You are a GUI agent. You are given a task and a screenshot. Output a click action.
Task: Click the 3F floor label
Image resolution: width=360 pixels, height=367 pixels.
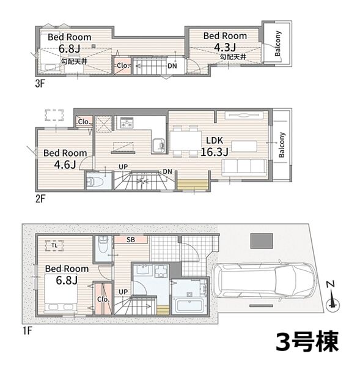click(40, 84)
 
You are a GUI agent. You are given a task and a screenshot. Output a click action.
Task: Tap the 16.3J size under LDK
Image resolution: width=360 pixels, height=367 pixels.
click(215, 152)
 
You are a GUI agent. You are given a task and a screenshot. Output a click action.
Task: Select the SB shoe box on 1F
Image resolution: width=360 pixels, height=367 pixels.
click(131, 240)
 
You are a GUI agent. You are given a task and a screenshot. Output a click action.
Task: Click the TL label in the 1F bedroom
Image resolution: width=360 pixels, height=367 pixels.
click(54, 245)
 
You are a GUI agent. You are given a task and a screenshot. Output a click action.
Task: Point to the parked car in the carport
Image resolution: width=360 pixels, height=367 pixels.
click(264, 281)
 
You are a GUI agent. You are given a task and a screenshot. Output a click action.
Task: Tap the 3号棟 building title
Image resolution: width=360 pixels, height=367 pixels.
click(307, 341)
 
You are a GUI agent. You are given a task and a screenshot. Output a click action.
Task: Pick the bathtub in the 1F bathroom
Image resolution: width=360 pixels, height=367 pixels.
click(189, 306)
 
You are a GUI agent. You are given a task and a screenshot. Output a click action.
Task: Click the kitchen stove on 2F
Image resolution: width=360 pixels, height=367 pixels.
click(127, 123)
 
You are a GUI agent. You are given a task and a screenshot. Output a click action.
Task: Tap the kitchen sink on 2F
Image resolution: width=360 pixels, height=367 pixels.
click(158, 146)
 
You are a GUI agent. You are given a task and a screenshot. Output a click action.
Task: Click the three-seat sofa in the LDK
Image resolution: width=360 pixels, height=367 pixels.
click(244, 168)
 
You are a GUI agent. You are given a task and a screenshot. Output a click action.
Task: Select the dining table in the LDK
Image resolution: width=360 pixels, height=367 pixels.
click(186, 141)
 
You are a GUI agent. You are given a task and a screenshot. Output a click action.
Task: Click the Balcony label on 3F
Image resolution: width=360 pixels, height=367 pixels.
click(277, 44)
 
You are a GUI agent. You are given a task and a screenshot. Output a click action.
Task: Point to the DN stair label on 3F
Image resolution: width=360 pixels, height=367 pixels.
click(172, 66)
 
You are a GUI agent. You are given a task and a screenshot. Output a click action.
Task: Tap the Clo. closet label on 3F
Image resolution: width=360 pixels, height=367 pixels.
click(123, 65)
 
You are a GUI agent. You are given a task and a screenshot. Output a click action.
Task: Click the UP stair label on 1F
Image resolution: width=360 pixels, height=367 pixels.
click(123, 292)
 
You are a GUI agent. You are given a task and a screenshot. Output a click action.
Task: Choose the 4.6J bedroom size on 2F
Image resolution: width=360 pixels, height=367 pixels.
click(65, 165)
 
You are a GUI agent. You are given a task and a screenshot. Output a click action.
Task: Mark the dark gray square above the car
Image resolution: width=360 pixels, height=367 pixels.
click(262, 241)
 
